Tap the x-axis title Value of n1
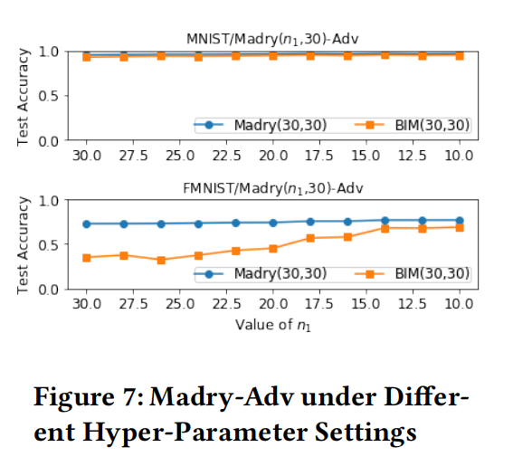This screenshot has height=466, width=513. [x=272, y=323]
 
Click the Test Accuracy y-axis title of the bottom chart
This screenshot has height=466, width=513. [x=24, y=244]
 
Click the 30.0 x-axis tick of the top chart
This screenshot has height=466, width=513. [x=87, y=156]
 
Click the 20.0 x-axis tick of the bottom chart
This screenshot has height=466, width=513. [x=272, y=303]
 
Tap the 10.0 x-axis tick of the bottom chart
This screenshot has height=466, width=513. [x=459, y=303]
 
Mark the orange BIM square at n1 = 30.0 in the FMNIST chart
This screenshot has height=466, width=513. [x=87, y=258]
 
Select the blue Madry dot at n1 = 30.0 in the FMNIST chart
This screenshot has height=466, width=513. [x=87, y=223]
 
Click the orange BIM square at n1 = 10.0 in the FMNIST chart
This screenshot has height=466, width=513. [x=459, y=227]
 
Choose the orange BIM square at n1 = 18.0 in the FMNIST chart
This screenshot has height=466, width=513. [x=310, y=238]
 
